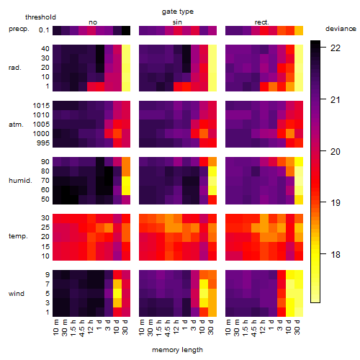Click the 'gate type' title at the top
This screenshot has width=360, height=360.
point(178,12)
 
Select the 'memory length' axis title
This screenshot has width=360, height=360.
point(177,350)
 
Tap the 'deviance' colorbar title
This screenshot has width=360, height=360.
point(341,29)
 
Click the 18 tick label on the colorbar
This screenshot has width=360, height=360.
point(336,254)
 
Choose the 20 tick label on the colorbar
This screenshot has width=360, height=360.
point(336,151)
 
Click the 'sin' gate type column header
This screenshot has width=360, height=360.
point(177,22)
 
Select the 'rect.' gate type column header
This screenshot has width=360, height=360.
point(261,22)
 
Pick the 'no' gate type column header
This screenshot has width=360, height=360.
point(93,22)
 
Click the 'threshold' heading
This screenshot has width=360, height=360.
point(40,17)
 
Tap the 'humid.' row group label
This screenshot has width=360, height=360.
point(20,181)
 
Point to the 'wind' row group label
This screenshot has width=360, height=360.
point(17,294)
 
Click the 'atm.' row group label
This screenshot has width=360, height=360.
point(16,125)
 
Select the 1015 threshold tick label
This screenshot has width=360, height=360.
point(41,106)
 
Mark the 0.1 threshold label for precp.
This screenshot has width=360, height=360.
point(44,30)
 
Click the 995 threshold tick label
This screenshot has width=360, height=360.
point(43,143)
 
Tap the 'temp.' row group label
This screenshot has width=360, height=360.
point(18,236)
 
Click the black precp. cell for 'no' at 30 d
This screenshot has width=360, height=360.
point(126,31)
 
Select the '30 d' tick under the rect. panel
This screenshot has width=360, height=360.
point(297,328)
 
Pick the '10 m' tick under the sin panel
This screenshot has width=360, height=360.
point(142,328)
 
